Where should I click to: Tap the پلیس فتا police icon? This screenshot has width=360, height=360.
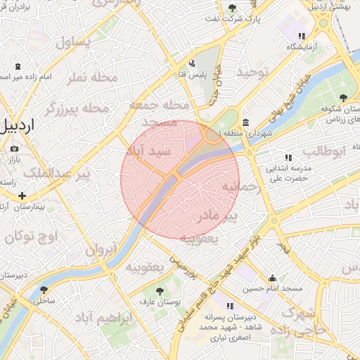pos(192,63)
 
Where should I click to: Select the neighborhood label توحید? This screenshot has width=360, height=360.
pos(253,72)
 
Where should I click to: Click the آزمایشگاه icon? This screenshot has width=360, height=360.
pos(302,36)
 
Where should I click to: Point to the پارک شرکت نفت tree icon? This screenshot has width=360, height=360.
pos(233,8)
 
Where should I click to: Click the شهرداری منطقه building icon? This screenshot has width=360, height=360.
pos(245,122)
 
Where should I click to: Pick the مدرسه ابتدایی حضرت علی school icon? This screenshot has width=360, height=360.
pos(288,157)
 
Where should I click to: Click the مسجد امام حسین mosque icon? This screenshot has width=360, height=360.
pos(272,277)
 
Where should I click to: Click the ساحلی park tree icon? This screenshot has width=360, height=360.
pos(44,289)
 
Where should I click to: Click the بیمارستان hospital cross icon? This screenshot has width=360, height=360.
pos(22,195)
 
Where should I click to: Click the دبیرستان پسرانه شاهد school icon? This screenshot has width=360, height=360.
pos(229,306)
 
